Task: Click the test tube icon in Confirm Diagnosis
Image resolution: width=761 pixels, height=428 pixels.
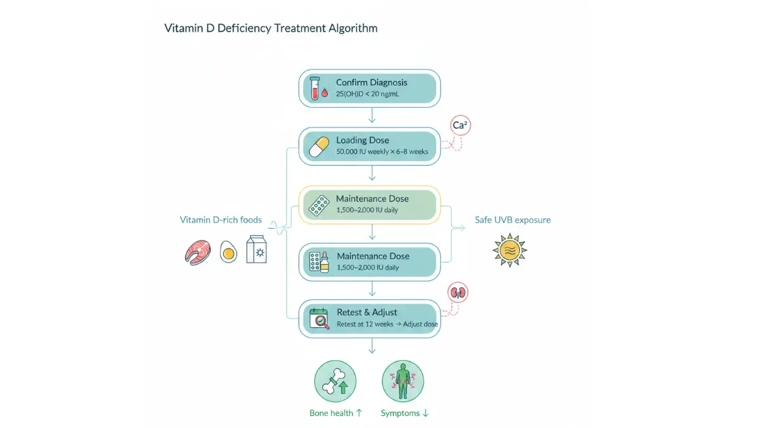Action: click(315, 88)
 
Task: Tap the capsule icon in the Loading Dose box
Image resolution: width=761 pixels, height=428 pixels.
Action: click(318, 146)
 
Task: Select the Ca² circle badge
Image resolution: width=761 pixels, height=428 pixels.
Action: click(460, 126)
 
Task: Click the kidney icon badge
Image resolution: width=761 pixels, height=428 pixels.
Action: click(458, 292)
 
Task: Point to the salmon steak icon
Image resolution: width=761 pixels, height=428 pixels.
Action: click(198, 252)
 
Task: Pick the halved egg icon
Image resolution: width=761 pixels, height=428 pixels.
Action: click(228, 252)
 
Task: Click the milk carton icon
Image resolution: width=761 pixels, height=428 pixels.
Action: click(256, 249)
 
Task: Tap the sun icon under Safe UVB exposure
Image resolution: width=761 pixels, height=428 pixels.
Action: click(510, 250)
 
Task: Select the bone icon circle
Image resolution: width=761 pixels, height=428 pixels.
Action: click(335, 381)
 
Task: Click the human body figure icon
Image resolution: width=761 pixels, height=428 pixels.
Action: click(403, 381)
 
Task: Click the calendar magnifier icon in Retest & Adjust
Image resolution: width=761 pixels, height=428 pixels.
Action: click(320, 318)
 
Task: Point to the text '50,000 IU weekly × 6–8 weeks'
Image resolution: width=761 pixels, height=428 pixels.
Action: click(382, 152)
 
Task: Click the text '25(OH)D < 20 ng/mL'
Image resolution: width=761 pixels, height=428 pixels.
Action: click(367, 94)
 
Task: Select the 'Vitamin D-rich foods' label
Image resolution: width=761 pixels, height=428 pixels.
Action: click(221, 220)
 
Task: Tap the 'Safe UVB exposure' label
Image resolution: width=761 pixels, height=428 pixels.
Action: click(512, 220)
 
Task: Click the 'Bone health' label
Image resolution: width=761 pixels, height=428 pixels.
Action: click(331, 413)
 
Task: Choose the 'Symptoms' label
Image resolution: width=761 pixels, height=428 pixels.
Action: click(400, 413)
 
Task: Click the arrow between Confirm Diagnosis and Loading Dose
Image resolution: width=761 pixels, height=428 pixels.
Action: click(372, 115)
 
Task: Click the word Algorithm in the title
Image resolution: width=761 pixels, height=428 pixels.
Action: click(353, 28)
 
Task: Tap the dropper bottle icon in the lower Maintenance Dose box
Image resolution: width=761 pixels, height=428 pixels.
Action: click(325, 262)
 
